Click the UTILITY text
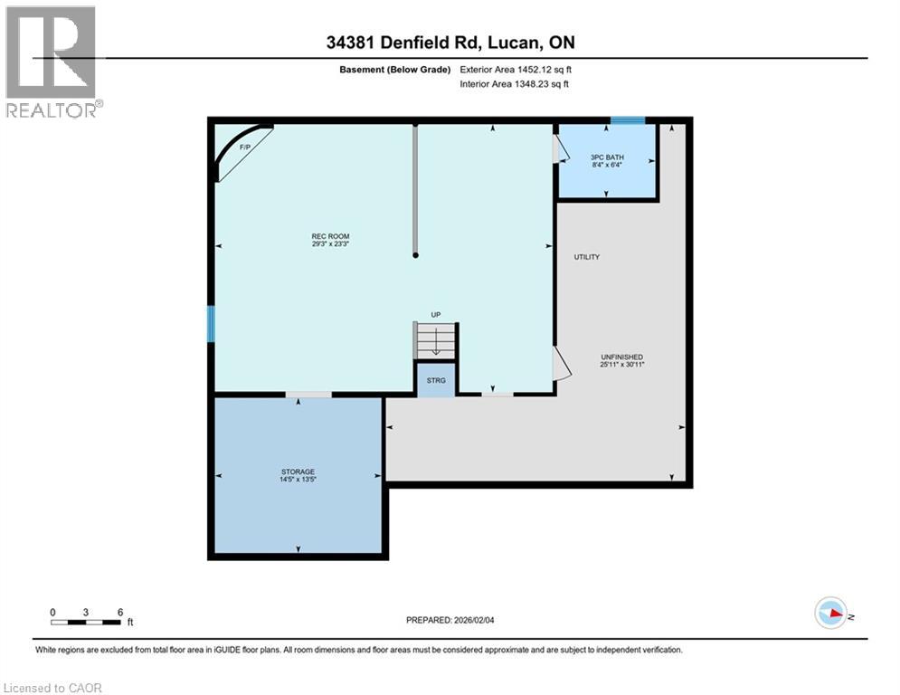click(586, 257)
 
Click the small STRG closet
click(436, 379)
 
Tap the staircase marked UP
click(436, 338)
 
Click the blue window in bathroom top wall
click(628, 120)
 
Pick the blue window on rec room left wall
click(211, 324)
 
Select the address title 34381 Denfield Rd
click(450, 43)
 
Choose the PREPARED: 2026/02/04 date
click(450, 620)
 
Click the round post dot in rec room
click(415, 255)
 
